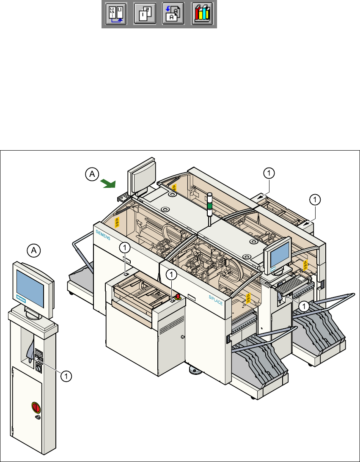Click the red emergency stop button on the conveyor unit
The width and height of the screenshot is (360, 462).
tap(178, 297)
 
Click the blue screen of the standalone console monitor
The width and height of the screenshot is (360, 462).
tap(30, 286)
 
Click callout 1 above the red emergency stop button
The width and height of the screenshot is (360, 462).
tap(172, 275)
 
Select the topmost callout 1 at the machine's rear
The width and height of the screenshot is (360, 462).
tap(269, 173)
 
